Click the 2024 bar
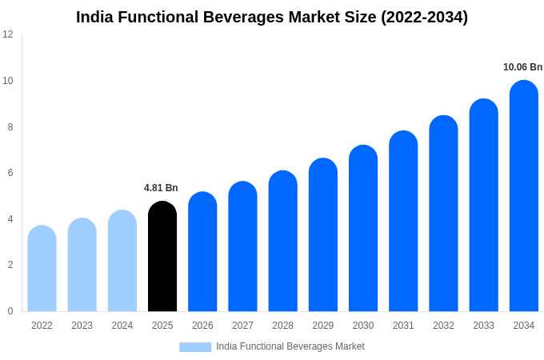coord(122,261)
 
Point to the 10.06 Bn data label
coord(522,67)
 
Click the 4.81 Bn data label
coord(161,188)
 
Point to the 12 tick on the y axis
coord(8,34)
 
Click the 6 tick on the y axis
coord(10,173)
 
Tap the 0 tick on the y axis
coord(10,311)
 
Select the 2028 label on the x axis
coord(282,326)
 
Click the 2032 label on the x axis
coord(443,326)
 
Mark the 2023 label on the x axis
coord(82,326)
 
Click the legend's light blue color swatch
coord(195,347)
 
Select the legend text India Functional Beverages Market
coord(290,346)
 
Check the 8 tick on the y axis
coord(10,127)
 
